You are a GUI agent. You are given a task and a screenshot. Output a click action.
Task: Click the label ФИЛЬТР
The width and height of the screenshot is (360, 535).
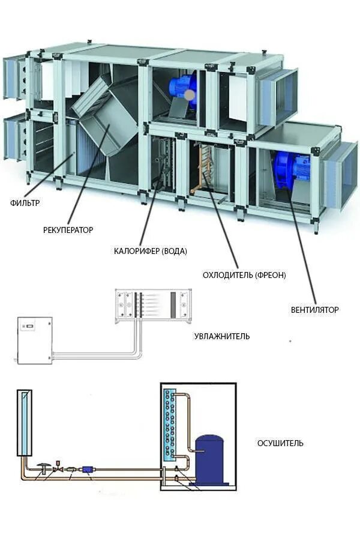pyautogui.click(x=25, y=203)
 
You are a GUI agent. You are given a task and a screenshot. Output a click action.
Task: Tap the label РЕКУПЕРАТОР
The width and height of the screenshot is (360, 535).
pyautogui.click(x=68, y=229)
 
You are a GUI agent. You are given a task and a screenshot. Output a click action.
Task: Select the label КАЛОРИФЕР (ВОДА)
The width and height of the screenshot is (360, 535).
pyautogui.click(x=150, y=251)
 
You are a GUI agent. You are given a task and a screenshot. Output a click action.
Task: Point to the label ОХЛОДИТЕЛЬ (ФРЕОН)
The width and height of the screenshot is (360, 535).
pyautogui.click(x=244, y=275)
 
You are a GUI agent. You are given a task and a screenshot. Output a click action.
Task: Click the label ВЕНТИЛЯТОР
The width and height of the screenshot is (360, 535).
pyautogui.click(x=314, y=310)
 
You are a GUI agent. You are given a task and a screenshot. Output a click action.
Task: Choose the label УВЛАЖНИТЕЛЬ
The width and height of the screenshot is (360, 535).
pyautogui.click(x=221, y=336)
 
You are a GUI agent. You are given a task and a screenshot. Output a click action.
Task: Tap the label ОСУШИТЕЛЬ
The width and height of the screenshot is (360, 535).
pyautogui.click(x=280, y=443)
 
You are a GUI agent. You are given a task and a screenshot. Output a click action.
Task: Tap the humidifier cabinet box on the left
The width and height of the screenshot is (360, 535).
pyautogui.click(x=35, y=340)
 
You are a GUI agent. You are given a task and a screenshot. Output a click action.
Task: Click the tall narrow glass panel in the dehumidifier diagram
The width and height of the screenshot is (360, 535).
pyautogui.click(x=26, y=423)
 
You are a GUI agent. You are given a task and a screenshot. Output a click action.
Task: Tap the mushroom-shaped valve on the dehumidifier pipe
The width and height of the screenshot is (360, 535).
pyautogui.click(x=44, y=465)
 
